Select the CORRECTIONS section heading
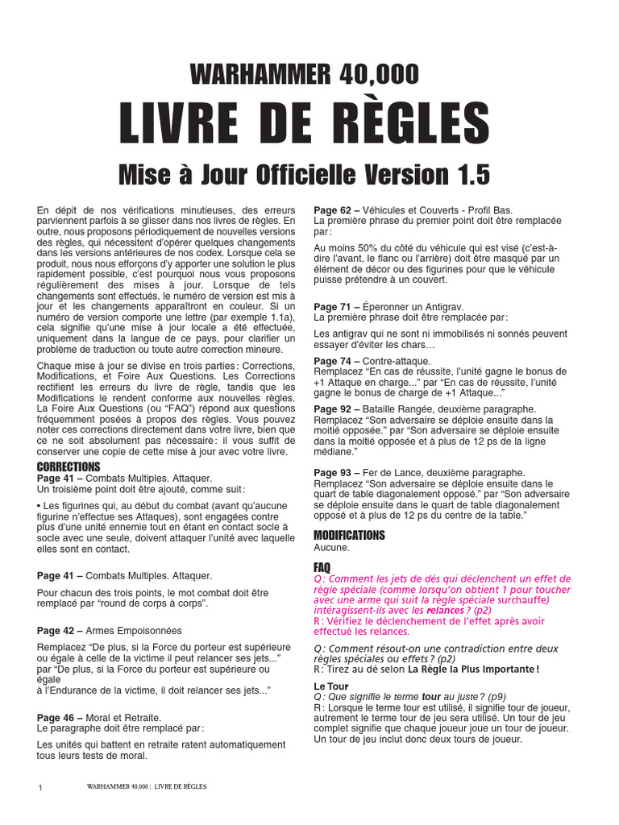click(x=69, y=467)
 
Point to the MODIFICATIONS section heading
click(x=349, y=535)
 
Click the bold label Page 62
click(x=331, y=210)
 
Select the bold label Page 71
click(x=331, y=307)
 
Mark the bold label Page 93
click(x=331, y=472)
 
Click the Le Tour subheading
click(x=330, y=686)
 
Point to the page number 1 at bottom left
click(x=40, y=787)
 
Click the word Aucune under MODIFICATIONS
click(x=331, y=547)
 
